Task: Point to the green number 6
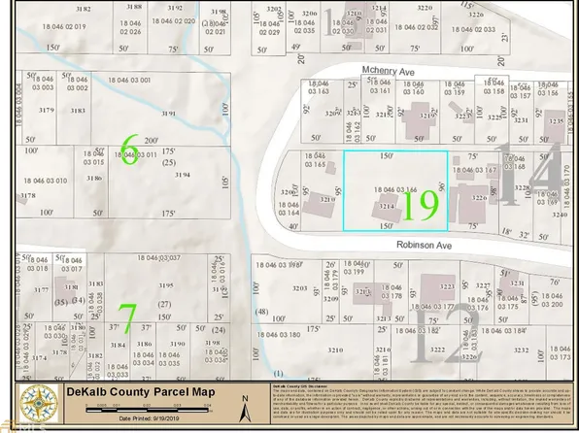pyautogui.click(x=127, y=152)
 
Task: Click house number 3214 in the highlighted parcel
pyautogui.click(x=385, y=207)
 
